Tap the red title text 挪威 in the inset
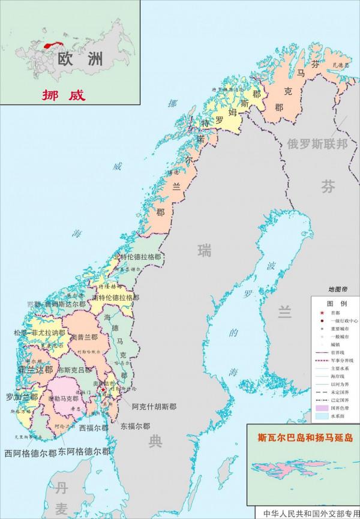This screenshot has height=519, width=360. [x=64, y=94]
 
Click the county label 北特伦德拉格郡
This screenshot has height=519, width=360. [x=137, y=257]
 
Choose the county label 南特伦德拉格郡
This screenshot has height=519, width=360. [x=116, y=298]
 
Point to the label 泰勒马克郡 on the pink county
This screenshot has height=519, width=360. [x=64, y=398]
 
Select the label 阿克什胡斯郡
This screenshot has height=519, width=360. [x=155, y=405]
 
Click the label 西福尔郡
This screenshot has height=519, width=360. [x=94, y=428]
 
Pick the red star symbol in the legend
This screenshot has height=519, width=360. [x=322, y=313]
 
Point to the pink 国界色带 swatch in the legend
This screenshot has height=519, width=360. [x=322, y=407]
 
